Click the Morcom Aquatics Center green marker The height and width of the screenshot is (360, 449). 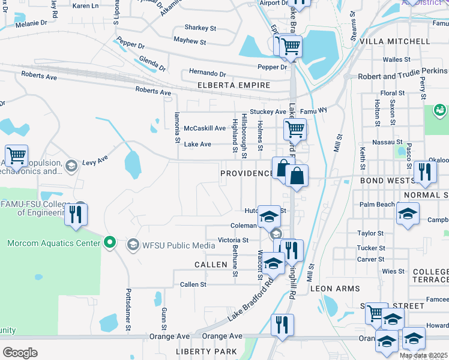click(109, 243)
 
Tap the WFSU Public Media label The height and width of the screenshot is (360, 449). click(170, 245)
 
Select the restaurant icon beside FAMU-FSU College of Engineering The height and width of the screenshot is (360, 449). click(76, 214)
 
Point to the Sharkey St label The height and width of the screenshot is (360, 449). click(200, 28)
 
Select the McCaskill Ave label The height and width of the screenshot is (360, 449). click(205, 128)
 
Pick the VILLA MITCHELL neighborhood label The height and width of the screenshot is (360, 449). click(395, 41)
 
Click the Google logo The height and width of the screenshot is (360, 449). click(20, 353)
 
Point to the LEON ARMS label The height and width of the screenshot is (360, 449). click(334, 289)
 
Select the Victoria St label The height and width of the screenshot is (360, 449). click(233, 240)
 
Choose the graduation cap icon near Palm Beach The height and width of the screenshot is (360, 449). click(408, 214)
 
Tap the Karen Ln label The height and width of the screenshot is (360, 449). click(85, 5)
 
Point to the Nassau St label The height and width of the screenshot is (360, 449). click(390, 142)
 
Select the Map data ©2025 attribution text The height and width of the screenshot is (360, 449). click(424, 355)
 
